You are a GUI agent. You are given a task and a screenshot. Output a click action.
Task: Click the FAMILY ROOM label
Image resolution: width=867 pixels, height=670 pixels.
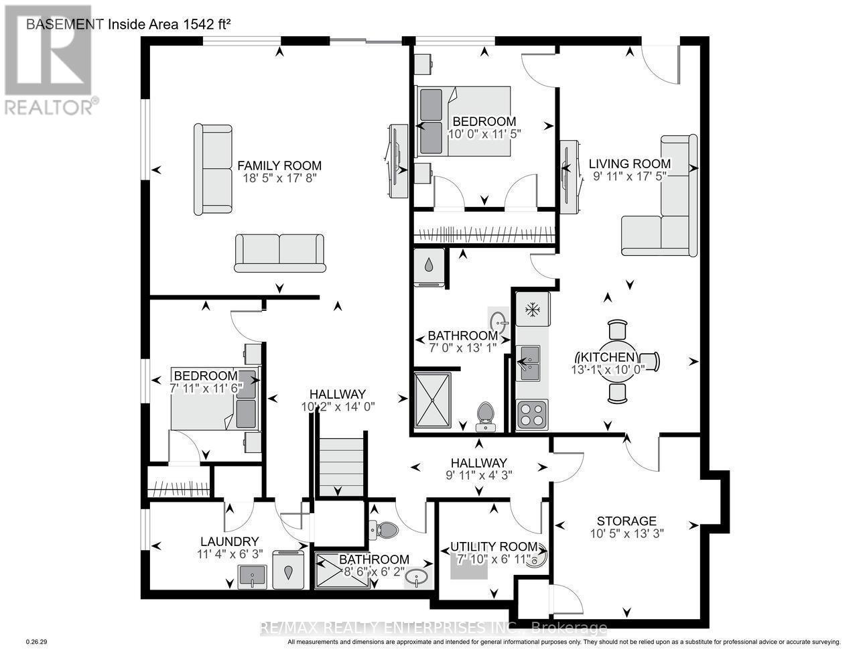point(279,165)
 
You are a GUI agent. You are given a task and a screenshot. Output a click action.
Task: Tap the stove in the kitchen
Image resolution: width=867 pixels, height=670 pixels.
point(532,414)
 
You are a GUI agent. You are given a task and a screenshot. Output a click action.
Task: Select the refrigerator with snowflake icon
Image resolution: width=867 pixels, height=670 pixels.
point(533,309)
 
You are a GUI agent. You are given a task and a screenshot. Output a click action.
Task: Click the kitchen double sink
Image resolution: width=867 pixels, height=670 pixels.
point(529,362)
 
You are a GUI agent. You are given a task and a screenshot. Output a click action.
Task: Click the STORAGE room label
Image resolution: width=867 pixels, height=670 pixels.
point(626,521)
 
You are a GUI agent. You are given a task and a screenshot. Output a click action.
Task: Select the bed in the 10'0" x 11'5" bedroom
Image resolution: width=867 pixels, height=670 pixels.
point(464,119)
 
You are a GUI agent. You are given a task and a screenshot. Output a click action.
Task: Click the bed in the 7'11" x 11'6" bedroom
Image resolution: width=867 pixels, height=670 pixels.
point(214,399)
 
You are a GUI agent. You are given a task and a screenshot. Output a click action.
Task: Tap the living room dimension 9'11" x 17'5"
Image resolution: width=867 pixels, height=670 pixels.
point(629,177)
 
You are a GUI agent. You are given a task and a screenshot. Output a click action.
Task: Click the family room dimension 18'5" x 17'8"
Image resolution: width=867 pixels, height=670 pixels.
point(279,179)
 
